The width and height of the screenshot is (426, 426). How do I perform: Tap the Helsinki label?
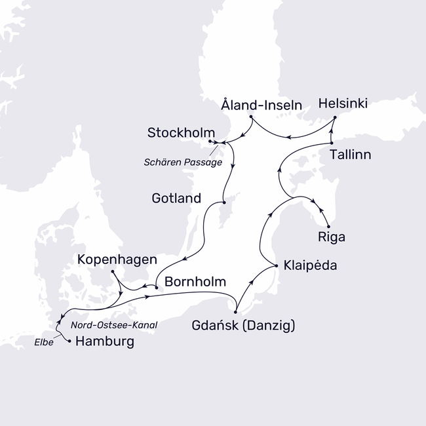(x=342, y=104)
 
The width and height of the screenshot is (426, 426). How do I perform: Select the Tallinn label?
(x=351, y=155)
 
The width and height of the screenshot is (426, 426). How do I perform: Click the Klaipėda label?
(x=312, y=267)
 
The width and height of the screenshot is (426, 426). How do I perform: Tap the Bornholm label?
(x=195, y=283)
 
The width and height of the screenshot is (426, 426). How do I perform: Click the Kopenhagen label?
(x=116, y=260)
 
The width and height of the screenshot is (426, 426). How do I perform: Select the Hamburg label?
(x=105, y=341)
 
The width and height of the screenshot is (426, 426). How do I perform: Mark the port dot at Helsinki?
(x=335, y=118)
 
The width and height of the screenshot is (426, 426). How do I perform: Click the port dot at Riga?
(x=327, y=226)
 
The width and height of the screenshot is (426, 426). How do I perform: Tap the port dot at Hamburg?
(x=69, y=341)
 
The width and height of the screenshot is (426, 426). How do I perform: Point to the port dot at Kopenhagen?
(x=113, y=271)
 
